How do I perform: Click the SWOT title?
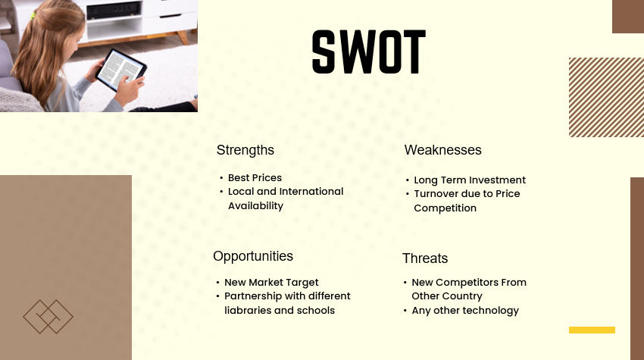click(x=368, y=52)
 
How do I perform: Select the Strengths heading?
click(x=245, y=150)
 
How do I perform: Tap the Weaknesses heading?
click(x=442, y=150)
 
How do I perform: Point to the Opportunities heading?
click(x=252, y=256)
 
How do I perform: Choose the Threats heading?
click(x=424, y=258)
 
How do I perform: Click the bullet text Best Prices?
click(x=255, y=178)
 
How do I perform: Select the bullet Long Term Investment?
click(x=469, y=180)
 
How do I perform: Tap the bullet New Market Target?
click(x=271, y=283)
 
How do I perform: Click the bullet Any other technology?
click(x=465, y=311)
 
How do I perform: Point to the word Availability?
click(x=255, y=206)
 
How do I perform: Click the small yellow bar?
click(x=591, y=330)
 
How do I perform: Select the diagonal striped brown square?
click(x=605, y=97)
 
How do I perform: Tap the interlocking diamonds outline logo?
click(x=48, y=317)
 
